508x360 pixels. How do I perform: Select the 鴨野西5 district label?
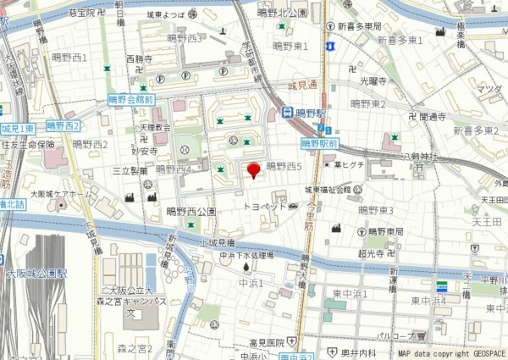(x=284, y=167)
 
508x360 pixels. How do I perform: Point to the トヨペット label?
(x=263, y=206)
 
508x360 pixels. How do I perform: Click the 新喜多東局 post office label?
(x=365, y=26)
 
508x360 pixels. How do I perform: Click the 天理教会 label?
(x=156, y=127)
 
